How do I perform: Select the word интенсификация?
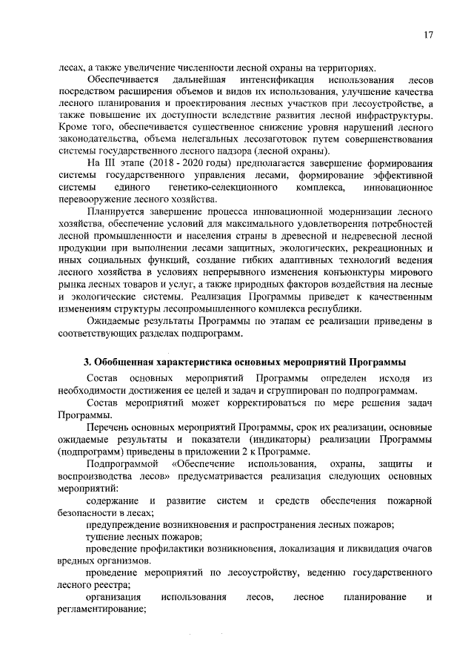point(267,79)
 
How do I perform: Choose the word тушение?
point(102,536)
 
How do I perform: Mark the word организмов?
point(115,561)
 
